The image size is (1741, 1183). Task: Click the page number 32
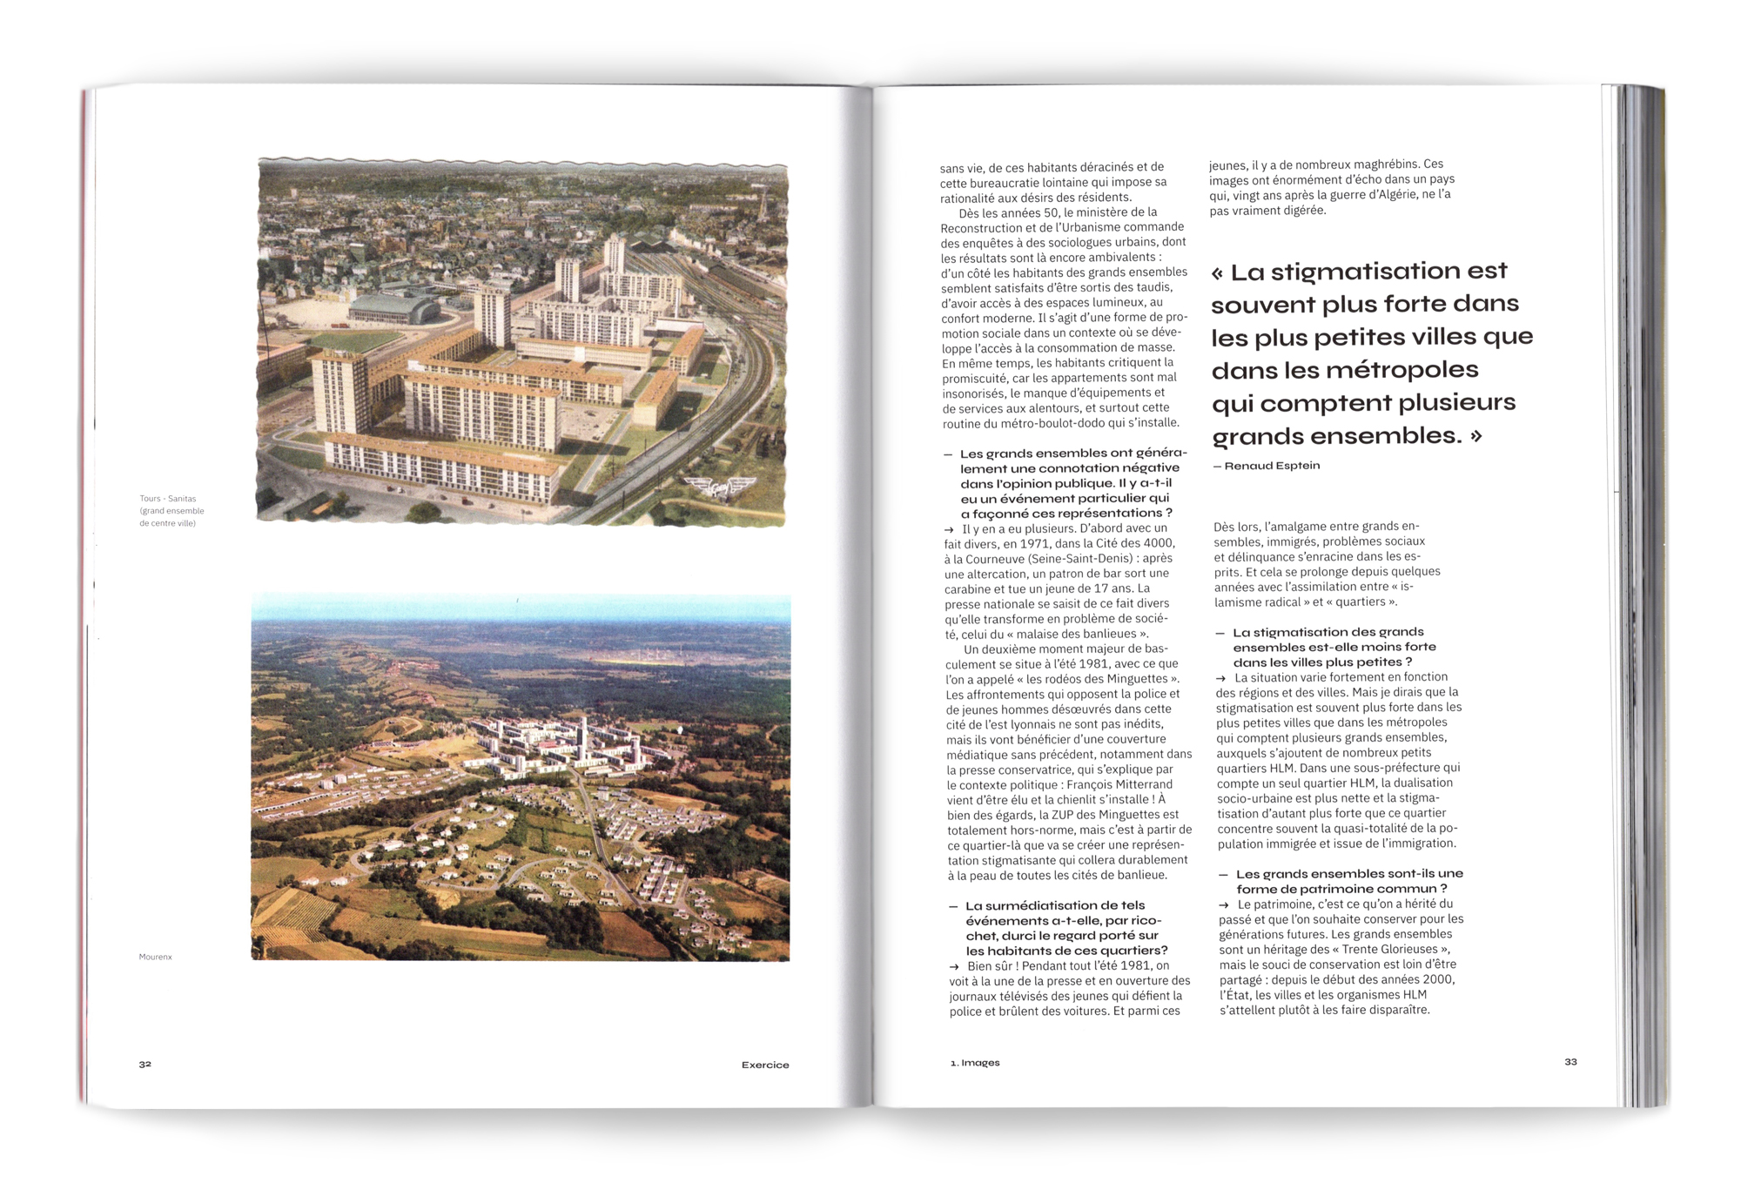(x=145, y=1064)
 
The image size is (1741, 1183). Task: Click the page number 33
(x=1570, y=1061)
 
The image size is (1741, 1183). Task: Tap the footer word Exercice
(x=765, y=1065)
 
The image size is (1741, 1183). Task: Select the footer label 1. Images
(x=975, y=1063)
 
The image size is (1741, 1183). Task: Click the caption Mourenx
(x=156, y=957)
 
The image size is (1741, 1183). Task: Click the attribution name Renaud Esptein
(x=1272, y=466)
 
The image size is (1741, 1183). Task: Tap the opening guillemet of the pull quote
(x=1218, y=273)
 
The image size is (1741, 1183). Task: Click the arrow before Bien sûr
(x=955, y=966)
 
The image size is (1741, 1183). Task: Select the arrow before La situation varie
(x=1221, y=678)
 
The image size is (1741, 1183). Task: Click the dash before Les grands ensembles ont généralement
(x=948, y=454)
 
